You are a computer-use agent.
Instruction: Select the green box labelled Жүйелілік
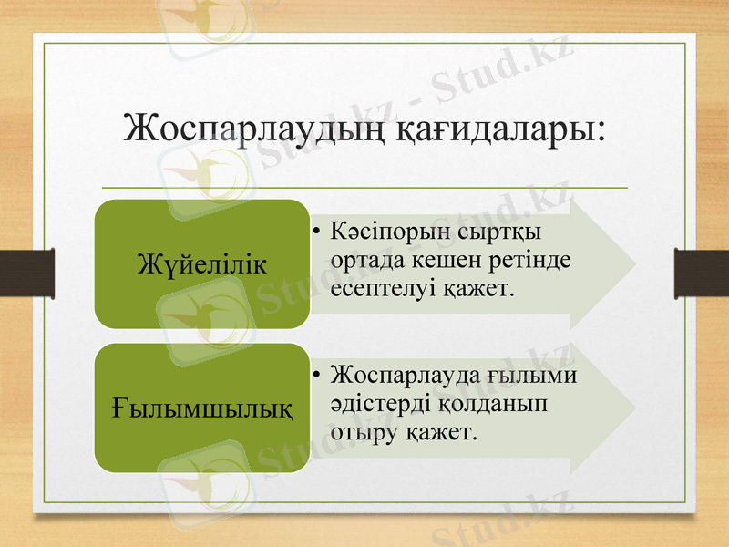click(x=201, y=264)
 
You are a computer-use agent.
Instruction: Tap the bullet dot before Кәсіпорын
click(x=313, y=229)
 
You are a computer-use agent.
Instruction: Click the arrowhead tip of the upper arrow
click(x=634, y=264)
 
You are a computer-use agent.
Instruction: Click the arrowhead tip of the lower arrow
click(x=634, y=407)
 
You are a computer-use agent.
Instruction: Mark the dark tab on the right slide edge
click(x=701, y=273)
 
